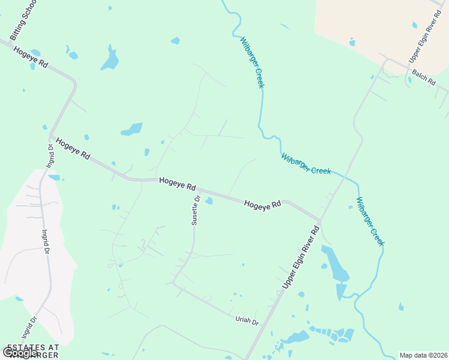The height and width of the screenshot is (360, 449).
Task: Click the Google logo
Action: pyautogui.click(x=19, y=352)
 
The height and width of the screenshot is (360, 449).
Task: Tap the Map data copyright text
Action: pyautogui.click(x=423, y=355)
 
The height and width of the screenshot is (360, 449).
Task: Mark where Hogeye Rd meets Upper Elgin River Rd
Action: pyautogui.click(x=320, y=221)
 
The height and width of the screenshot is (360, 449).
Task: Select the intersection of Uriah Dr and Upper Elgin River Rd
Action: pyautogui.click(x=268, y=320)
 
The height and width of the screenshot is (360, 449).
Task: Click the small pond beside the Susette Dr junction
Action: pyautogui.click(x=208, y=201)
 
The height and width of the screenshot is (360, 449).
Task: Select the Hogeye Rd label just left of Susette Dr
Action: pyautogui.click(x=177, y=183)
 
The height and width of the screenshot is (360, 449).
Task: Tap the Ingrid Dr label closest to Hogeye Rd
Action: pyautogui.click(x=50, y=155)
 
